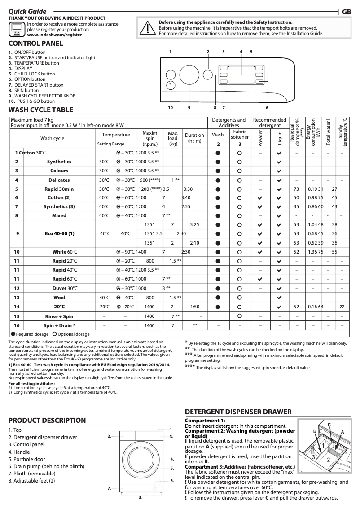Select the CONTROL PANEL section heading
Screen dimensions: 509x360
pyautogui.click(x=36, y=44)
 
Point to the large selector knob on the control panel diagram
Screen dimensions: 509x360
pyautogui.click(x=189, y=75)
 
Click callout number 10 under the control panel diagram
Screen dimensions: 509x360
pyautogui.click(x=171, y=108)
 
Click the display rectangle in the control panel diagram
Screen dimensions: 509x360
pyautogui.click(x=242, y=75)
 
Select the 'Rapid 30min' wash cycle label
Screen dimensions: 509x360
pyautogui.click(x=59, y=189)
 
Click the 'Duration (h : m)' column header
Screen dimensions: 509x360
pyautogui.click(x=194, y=138)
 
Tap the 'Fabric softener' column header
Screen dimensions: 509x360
pyautogui.click(x=240, y=135)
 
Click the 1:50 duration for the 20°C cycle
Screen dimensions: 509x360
pyautogui.click(x=194, y=307)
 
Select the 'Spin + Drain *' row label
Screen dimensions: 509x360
pyautogui.click(x=59, y=325)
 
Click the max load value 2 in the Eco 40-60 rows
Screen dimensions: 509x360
pyautogui.click(x=172, y=243)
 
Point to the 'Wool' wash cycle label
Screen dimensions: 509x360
pyautogui.click(x=59, y=298)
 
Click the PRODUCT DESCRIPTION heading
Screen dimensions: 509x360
pyautogui.click(x=47, y=421)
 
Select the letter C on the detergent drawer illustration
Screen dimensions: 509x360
pyautogui.click(x=329, y=425)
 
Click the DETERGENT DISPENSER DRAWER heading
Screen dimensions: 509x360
pyautogui.click(x=238, y=412)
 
